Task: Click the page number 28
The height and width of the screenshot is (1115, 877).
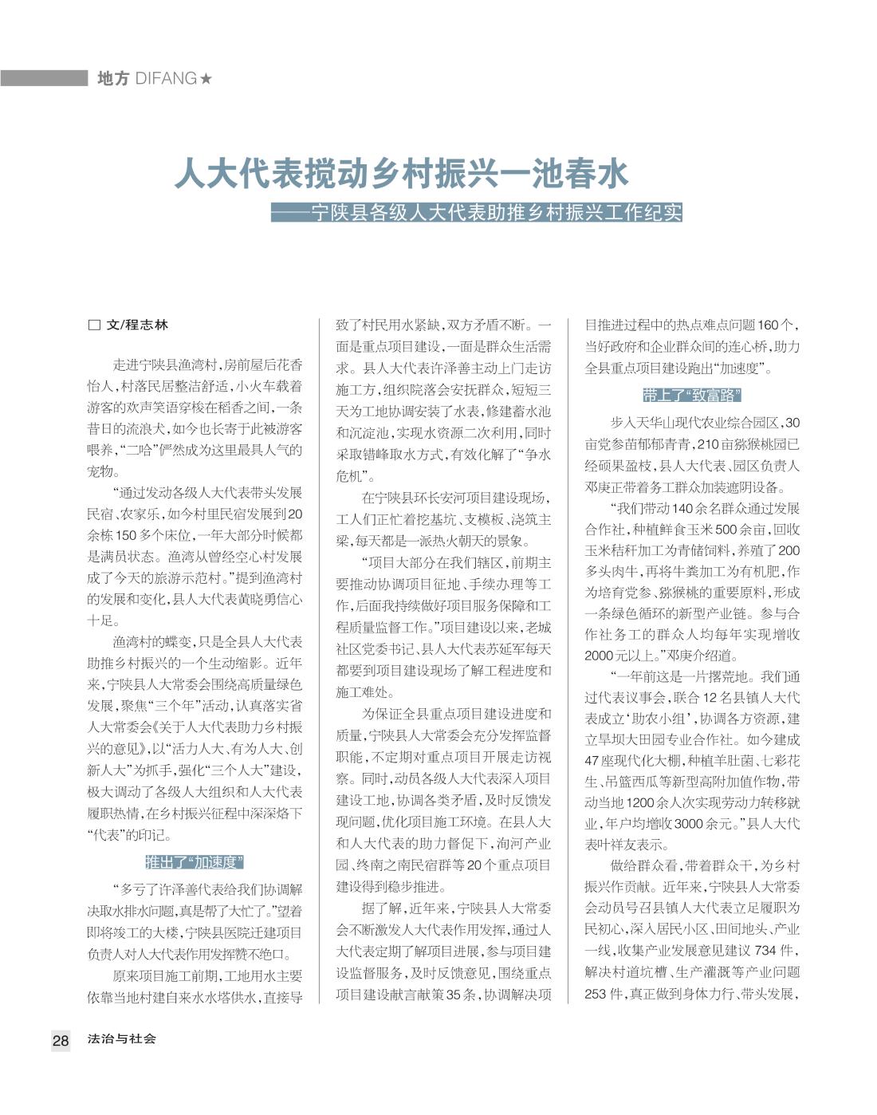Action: point(61,1040)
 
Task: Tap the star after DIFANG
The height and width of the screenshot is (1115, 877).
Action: point(206,78)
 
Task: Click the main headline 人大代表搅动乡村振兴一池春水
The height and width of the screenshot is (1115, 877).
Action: point(402,174)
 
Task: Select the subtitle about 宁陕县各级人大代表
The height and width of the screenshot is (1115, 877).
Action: point(477,214)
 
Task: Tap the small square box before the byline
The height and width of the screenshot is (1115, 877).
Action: point(94,325)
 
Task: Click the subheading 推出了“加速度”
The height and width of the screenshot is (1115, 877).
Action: point(195,862)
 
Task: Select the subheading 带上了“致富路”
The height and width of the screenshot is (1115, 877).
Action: point(692,396)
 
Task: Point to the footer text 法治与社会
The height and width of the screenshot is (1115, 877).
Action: point(122,1039)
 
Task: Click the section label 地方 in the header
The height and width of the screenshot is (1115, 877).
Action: point(112,78)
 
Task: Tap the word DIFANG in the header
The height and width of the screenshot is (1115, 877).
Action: point(166,78)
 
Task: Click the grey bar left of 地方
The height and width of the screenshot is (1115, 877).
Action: point(44,78)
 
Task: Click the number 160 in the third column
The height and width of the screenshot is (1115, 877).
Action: point(768,325)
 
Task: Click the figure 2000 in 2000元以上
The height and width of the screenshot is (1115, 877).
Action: point(600,656)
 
